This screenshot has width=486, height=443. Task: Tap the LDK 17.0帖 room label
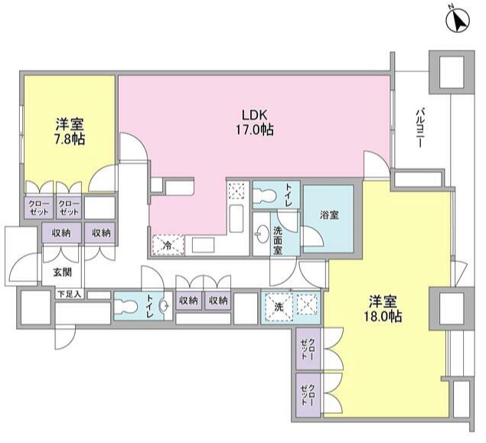(254, 123)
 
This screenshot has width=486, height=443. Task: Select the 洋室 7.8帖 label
(70, 131)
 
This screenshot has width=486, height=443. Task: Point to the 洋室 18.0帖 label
(385, 309)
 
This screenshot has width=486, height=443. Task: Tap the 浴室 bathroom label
(329, 215)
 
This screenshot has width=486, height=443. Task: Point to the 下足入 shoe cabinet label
(68, 294)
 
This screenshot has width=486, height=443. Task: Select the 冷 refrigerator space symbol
(168, 245)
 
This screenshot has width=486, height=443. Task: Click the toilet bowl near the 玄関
(126, 307)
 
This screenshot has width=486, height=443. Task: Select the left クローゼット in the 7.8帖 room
(38, 208)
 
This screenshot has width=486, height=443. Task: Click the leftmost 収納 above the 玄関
(63, 232)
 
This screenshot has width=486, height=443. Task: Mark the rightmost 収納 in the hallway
(218, 301)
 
